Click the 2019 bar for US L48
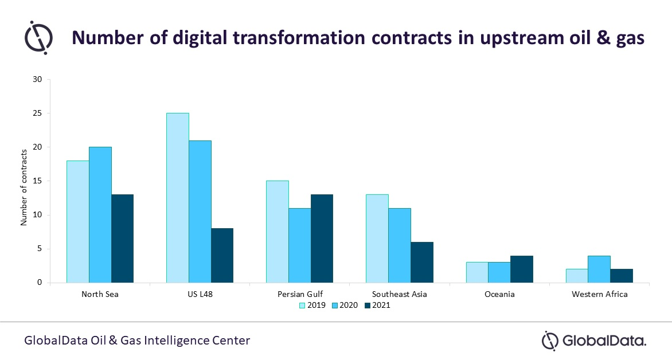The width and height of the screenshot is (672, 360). click(x=177, y=198)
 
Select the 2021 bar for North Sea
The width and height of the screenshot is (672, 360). click(x=122, y=238)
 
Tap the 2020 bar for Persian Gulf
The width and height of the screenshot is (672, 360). click(x=299, y=245)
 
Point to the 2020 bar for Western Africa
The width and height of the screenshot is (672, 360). click(x=599, y=269)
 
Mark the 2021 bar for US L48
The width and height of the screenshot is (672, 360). click(x=222, y=255)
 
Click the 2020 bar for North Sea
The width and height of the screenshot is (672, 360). click(x=100, y=215)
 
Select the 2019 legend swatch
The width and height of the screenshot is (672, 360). click(x=302, y=306)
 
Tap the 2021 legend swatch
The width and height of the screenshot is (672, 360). click(x=368, y=306)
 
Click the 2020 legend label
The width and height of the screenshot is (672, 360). click(x=349, y=306)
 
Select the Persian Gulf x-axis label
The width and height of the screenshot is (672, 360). click(x=299, y=295)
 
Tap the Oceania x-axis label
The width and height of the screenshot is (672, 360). click(x=499, y=295)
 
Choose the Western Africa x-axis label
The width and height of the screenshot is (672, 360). click(x=599, y=295)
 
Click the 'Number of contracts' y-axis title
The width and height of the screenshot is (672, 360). click(x=24, y=187)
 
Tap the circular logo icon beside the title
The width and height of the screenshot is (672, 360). click(x=38, y=37)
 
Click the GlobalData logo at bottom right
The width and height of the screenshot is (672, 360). click(x=594, y=341)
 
